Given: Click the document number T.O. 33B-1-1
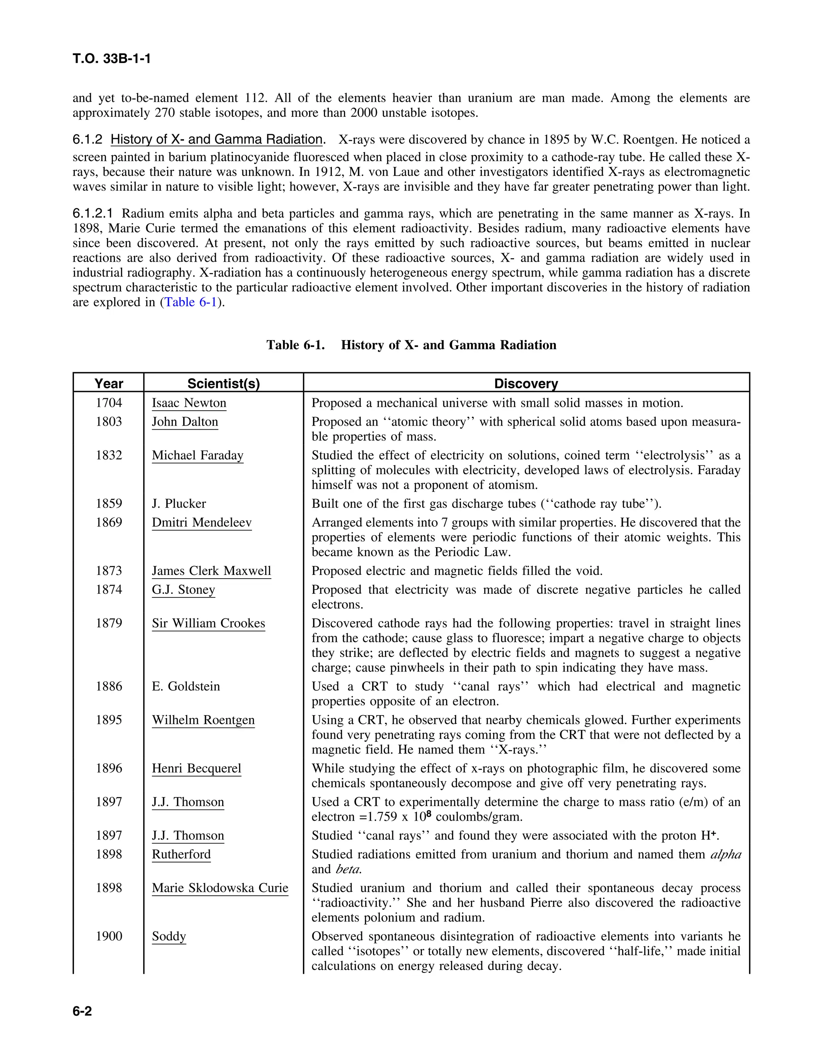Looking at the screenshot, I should click(112, 59).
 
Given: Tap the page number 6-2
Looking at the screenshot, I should click(82, 1011).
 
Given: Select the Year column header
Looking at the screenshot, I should click(109, 383).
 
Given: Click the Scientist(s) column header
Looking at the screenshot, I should click(223, 383).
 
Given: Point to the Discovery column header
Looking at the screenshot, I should click(526, 383).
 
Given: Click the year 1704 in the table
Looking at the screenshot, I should click(109, 403).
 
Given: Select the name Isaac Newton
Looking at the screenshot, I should click(189, 403).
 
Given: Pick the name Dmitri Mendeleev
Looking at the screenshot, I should click(201, 522).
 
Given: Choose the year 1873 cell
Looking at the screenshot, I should click(109, 571).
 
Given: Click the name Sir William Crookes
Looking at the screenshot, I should click(208, 623).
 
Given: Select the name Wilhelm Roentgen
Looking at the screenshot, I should click(203, 720).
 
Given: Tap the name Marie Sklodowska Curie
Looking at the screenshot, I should click(220, 888).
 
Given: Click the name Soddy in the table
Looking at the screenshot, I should click(169, 936).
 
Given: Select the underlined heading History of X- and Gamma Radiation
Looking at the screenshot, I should click(217, 139).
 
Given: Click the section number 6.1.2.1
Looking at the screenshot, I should click(93, 213).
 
